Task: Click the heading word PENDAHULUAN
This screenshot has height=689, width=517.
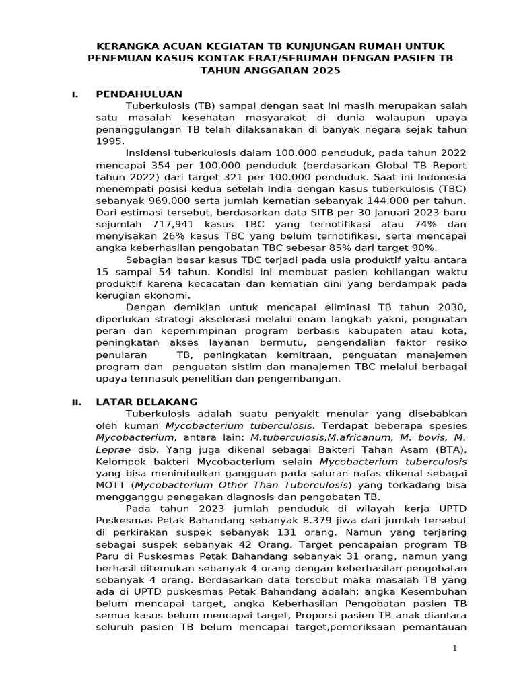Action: click(139, 94)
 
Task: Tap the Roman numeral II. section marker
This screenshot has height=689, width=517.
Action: click(77, 402)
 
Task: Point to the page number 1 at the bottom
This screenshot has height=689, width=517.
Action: click(454, 648)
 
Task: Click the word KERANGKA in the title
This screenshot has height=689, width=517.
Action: click(128, 46)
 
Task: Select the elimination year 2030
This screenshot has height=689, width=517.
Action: click(452, 307)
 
